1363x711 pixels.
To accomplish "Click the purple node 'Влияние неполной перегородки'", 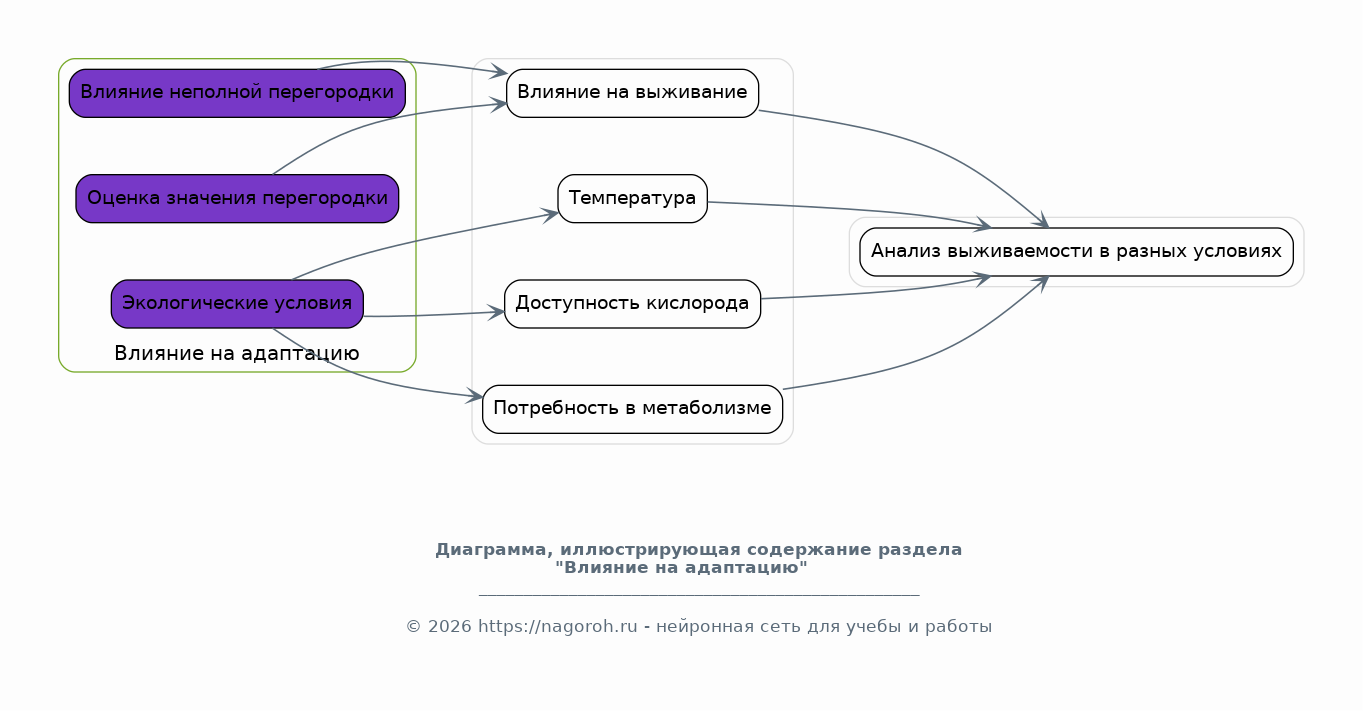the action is [237, 93].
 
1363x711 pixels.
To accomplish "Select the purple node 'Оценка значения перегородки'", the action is [237, 198].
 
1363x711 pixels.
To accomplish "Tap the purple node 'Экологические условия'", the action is [237, 304].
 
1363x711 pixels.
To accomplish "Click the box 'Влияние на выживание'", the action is [632, 93].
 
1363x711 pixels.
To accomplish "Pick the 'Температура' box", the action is [632, 198].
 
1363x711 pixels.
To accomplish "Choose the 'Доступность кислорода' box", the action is [632, 304].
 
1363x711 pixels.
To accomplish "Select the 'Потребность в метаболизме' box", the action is [632, 409].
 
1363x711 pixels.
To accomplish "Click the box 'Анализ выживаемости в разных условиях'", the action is [1076, 251].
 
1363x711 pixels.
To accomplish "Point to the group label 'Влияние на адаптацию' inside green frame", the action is [237, 353].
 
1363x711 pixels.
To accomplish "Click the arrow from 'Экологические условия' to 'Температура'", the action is [420, 239].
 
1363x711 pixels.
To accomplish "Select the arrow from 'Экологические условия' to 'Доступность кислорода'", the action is [434, 315].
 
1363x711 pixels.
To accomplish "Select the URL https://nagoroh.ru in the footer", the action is [557, 626].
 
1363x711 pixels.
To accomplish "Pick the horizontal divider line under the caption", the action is [699, 595].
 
